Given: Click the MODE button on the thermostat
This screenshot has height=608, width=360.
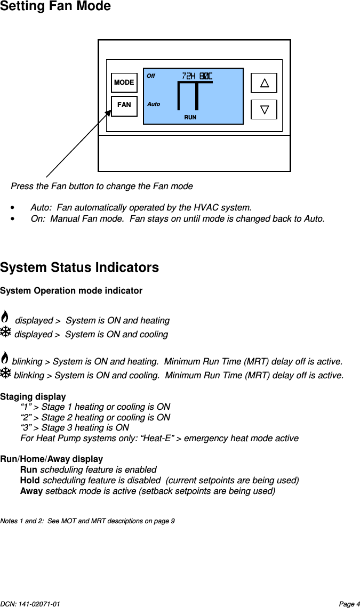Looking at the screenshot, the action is [124, 83].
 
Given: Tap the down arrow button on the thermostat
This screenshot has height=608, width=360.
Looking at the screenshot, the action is [264, 109].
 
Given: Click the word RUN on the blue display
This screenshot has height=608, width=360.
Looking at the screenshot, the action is [190, 117].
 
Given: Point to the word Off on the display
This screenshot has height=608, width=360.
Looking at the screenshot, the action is [151, 76].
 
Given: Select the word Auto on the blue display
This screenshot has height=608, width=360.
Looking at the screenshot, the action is [154, 104].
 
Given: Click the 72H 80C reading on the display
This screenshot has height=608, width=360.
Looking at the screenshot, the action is [197, 76].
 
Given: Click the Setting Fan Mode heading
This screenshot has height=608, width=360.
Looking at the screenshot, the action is [55, 7].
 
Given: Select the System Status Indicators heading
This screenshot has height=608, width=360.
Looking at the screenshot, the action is [79, 267].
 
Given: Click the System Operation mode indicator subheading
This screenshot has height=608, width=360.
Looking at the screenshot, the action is [71, 291].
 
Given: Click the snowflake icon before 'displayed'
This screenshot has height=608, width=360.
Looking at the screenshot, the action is [5, 333].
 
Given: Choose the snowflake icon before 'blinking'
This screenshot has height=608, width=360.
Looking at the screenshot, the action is [5, 374].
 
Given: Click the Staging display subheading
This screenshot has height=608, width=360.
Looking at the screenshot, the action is [33, 396].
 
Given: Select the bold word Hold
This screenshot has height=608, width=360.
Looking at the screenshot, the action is [30, 480].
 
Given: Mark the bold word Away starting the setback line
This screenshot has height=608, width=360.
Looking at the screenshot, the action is [31, 491].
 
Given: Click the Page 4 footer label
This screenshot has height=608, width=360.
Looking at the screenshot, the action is [349, 604].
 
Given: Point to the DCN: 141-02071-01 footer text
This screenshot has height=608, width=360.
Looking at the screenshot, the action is [30, 604].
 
